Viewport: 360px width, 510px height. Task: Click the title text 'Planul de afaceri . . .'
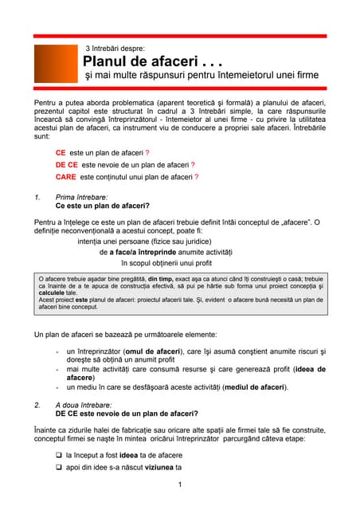click(152, 61)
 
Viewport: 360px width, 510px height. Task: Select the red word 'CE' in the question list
click(61, 152)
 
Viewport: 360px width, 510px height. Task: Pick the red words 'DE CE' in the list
click(66, 165)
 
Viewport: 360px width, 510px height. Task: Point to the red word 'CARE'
click(66, 177)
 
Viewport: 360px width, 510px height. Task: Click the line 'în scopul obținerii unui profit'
click(166, 262)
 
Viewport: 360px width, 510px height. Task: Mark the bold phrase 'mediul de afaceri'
click(248, 387)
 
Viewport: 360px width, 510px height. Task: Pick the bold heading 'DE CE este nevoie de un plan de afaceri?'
click(127, 414)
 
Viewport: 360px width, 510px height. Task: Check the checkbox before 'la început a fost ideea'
click(59, 455)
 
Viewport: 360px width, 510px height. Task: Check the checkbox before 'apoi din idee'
click(59, 468)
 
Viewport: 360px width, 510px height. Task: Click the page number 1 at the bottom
click(181, 485)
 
